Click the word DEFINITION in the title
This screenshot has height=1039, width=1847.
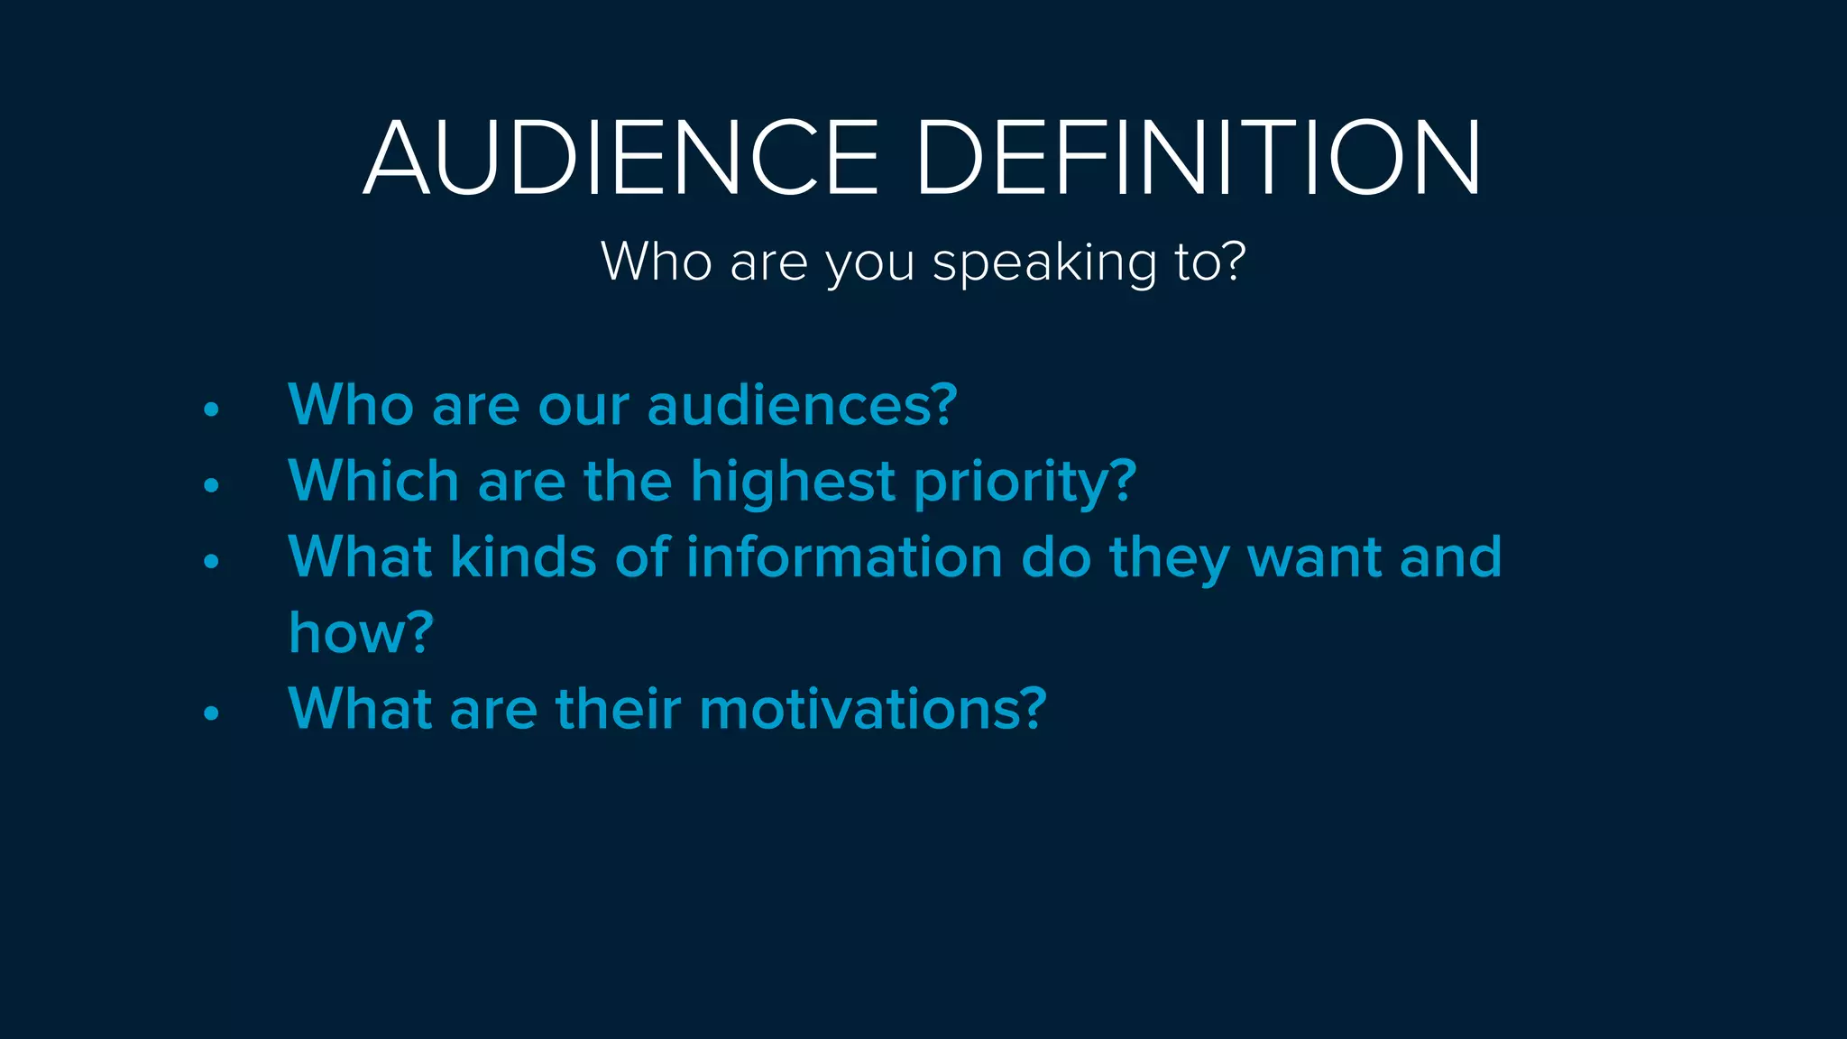coord(1199,158)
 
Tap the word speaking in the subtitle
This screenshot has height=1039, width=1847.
coord(1044,263)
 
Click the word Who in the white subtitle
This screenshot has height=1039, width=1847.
coord(656,262)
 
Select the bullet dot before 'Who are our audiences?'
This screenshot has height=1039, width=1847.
coord(211,409)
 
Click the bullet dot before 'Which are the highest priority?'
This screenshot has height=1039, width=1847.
coord(211,485)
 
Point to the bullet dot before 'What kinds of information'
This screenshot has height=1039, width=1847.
coord(211,561)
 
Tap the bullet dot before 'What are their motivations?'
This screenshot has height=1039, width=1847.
coord(211,713)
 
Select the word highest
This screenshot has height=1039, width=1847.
coord(793,483)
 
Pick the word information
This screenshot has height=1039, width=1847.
coord(844,556)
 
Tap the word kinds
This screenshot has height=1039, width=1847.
coord(523,556)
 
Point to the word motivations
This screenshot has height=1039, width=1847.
coord(871,709)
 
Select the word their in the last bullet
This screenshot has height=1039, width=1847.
coord(618,709)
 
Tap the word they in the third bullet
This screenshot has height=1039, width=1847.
coord(1169,558)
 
